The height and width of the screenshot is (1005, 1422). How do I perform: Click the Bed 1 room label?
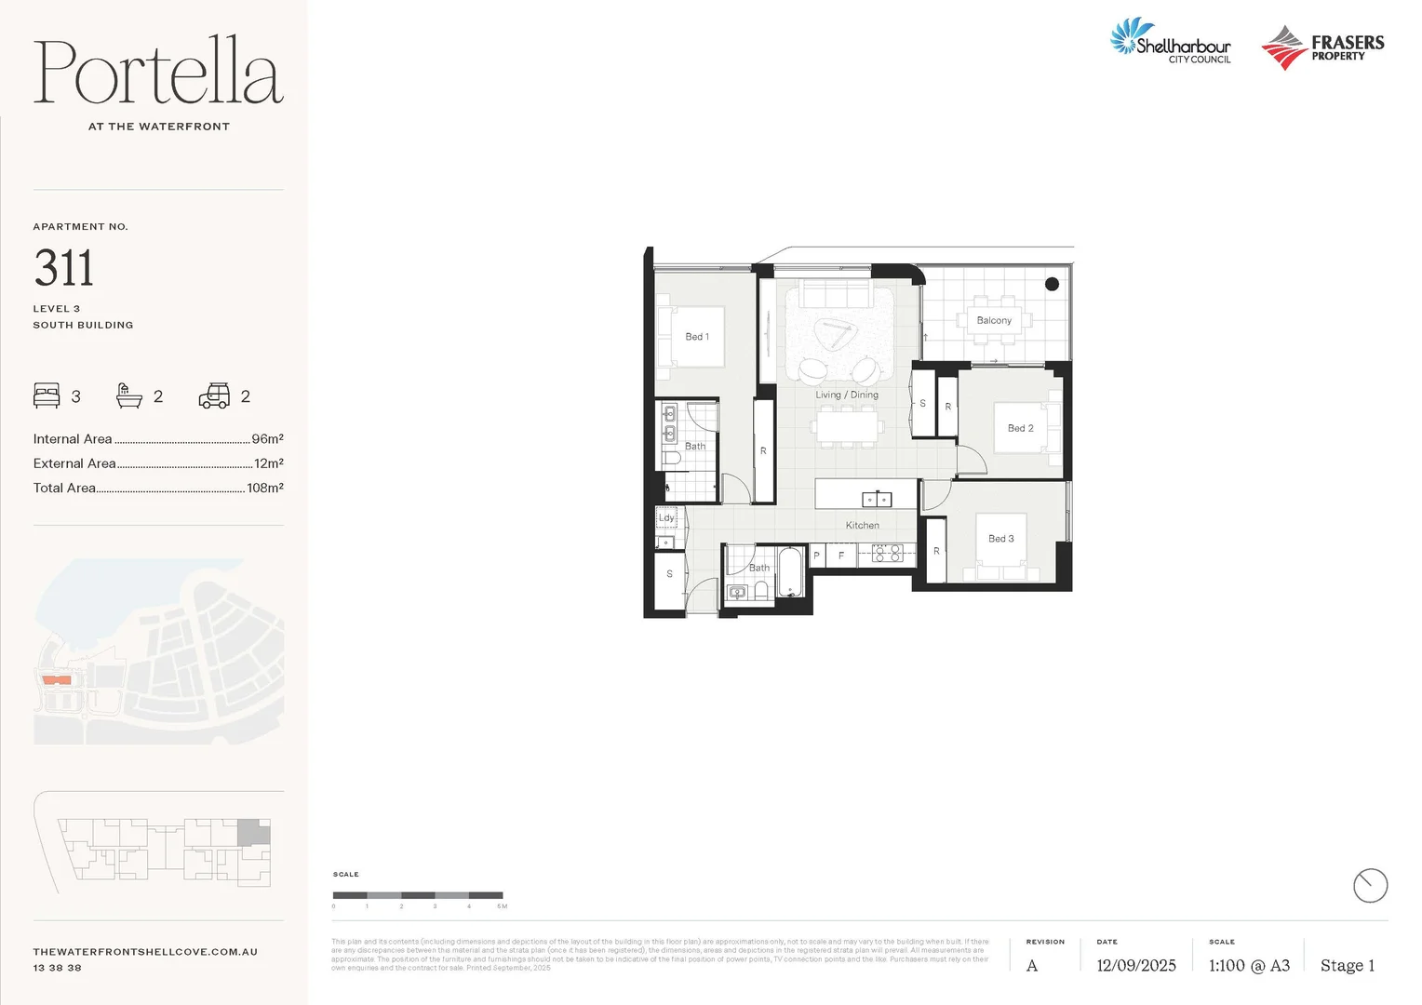click(697, 337)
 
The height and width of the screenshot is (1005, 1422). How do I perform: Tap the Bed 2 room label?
click(1020, 428)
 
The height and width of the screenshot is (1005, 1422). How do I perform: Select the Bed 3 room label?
click(1000, 539)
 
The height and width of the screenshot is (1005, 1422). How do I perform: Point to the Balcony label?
click(994, 320)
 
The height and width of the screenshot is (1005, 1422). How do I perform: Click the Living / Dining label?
click(847, 395)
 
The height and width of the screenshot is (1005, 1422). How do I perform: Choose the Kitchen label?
click(862, 526)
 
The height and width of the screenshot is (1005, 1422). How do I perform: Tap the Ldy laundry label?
click(666, 517)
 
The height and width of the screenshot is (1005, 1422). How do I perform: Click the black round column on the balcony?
click(1052, 284)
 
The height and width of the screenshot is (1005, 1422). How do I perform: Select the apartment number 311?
click(64, 268)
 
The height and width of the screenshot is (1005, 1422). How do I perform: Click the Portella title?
click(158, 73)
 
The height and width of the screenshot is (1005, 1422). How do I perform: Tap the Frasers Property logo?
click(1322, 47)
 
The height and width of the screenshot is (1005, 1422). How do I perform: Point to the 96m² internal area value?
click(267, 439)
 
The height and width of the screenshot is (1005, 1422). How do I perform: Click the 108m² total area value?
click(264, 488)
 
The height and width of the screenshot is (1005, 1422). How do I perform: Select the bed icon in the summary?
click(47, 395)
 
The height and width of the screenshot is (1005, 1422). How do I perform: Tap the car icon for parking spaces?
click(214, 396)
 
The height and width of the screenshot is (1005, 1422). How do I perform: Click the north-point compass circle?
click(1369, 885)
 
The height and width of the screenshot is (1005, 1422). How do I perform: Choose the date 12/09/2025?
click(1135, 966)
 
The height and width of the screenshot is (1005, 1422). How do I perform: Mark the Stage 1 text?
click(1347, 966)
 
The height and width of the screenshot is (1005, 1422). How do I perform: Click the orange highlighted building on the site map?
click(57, 680)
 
